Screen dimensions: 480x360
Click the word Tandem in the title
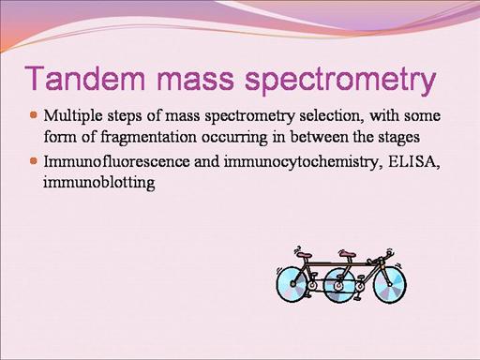coord(84,77)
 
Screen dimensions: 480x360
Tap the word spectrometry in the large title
coord(339,81)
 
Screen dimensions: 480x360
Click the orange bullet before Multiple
coord(34,114)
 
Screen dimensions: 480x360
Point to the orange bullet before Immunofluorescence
coord(34,161)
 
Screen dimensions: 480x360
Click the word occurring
coord(234,139)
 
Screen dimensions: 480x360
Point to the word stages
coord(399,138)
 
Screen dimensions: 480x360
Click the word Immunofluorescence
coord(116,161)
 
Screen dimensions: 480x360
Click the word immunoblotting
coord(99,183)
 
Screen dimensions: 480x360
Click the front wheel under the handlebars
coord(390,284)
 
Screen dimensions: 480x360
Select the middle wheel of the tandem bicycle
coord(339,285)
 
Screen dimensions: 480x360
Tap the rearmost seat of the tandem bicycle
coord(304,255)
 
